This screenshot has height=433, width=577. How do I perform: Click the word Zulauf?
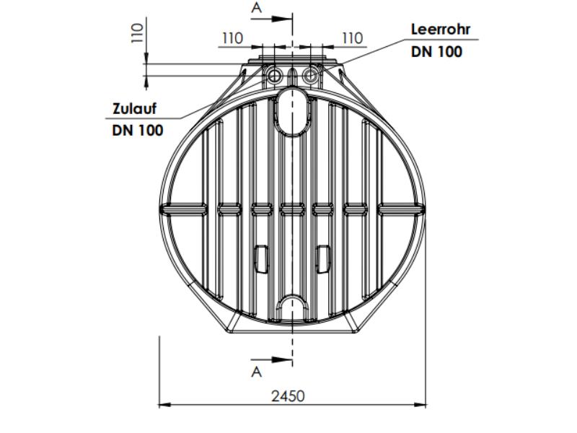[x=134, y=109]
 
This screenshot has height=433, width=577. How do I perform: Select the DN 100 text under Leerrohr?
[x=436, y=52]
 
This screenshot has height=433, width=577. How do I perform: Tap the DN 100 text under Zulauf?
[x=137, y=130]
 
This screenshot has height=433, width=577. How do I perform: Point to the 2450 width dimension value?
[x=288, y=395]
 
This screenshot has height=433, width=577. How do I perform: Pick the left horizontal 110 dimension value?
[x=232, y=38]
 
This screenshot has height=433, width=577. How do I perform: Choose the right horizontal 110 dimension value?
[x=351, y=38]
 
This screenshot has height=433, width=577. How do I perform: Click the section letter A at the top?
[x=256, y=9]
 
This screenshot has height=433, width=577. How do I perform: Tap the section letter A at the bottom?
[x=256, y=372]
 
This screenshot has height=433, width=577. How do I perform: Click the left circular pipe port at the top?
[x=274, y=76]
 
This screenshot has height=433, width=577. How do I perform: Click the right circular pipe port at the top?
[x=311, y=76]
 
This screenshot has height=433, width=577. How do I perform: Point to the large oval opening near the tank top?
[x=292, y=111]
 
